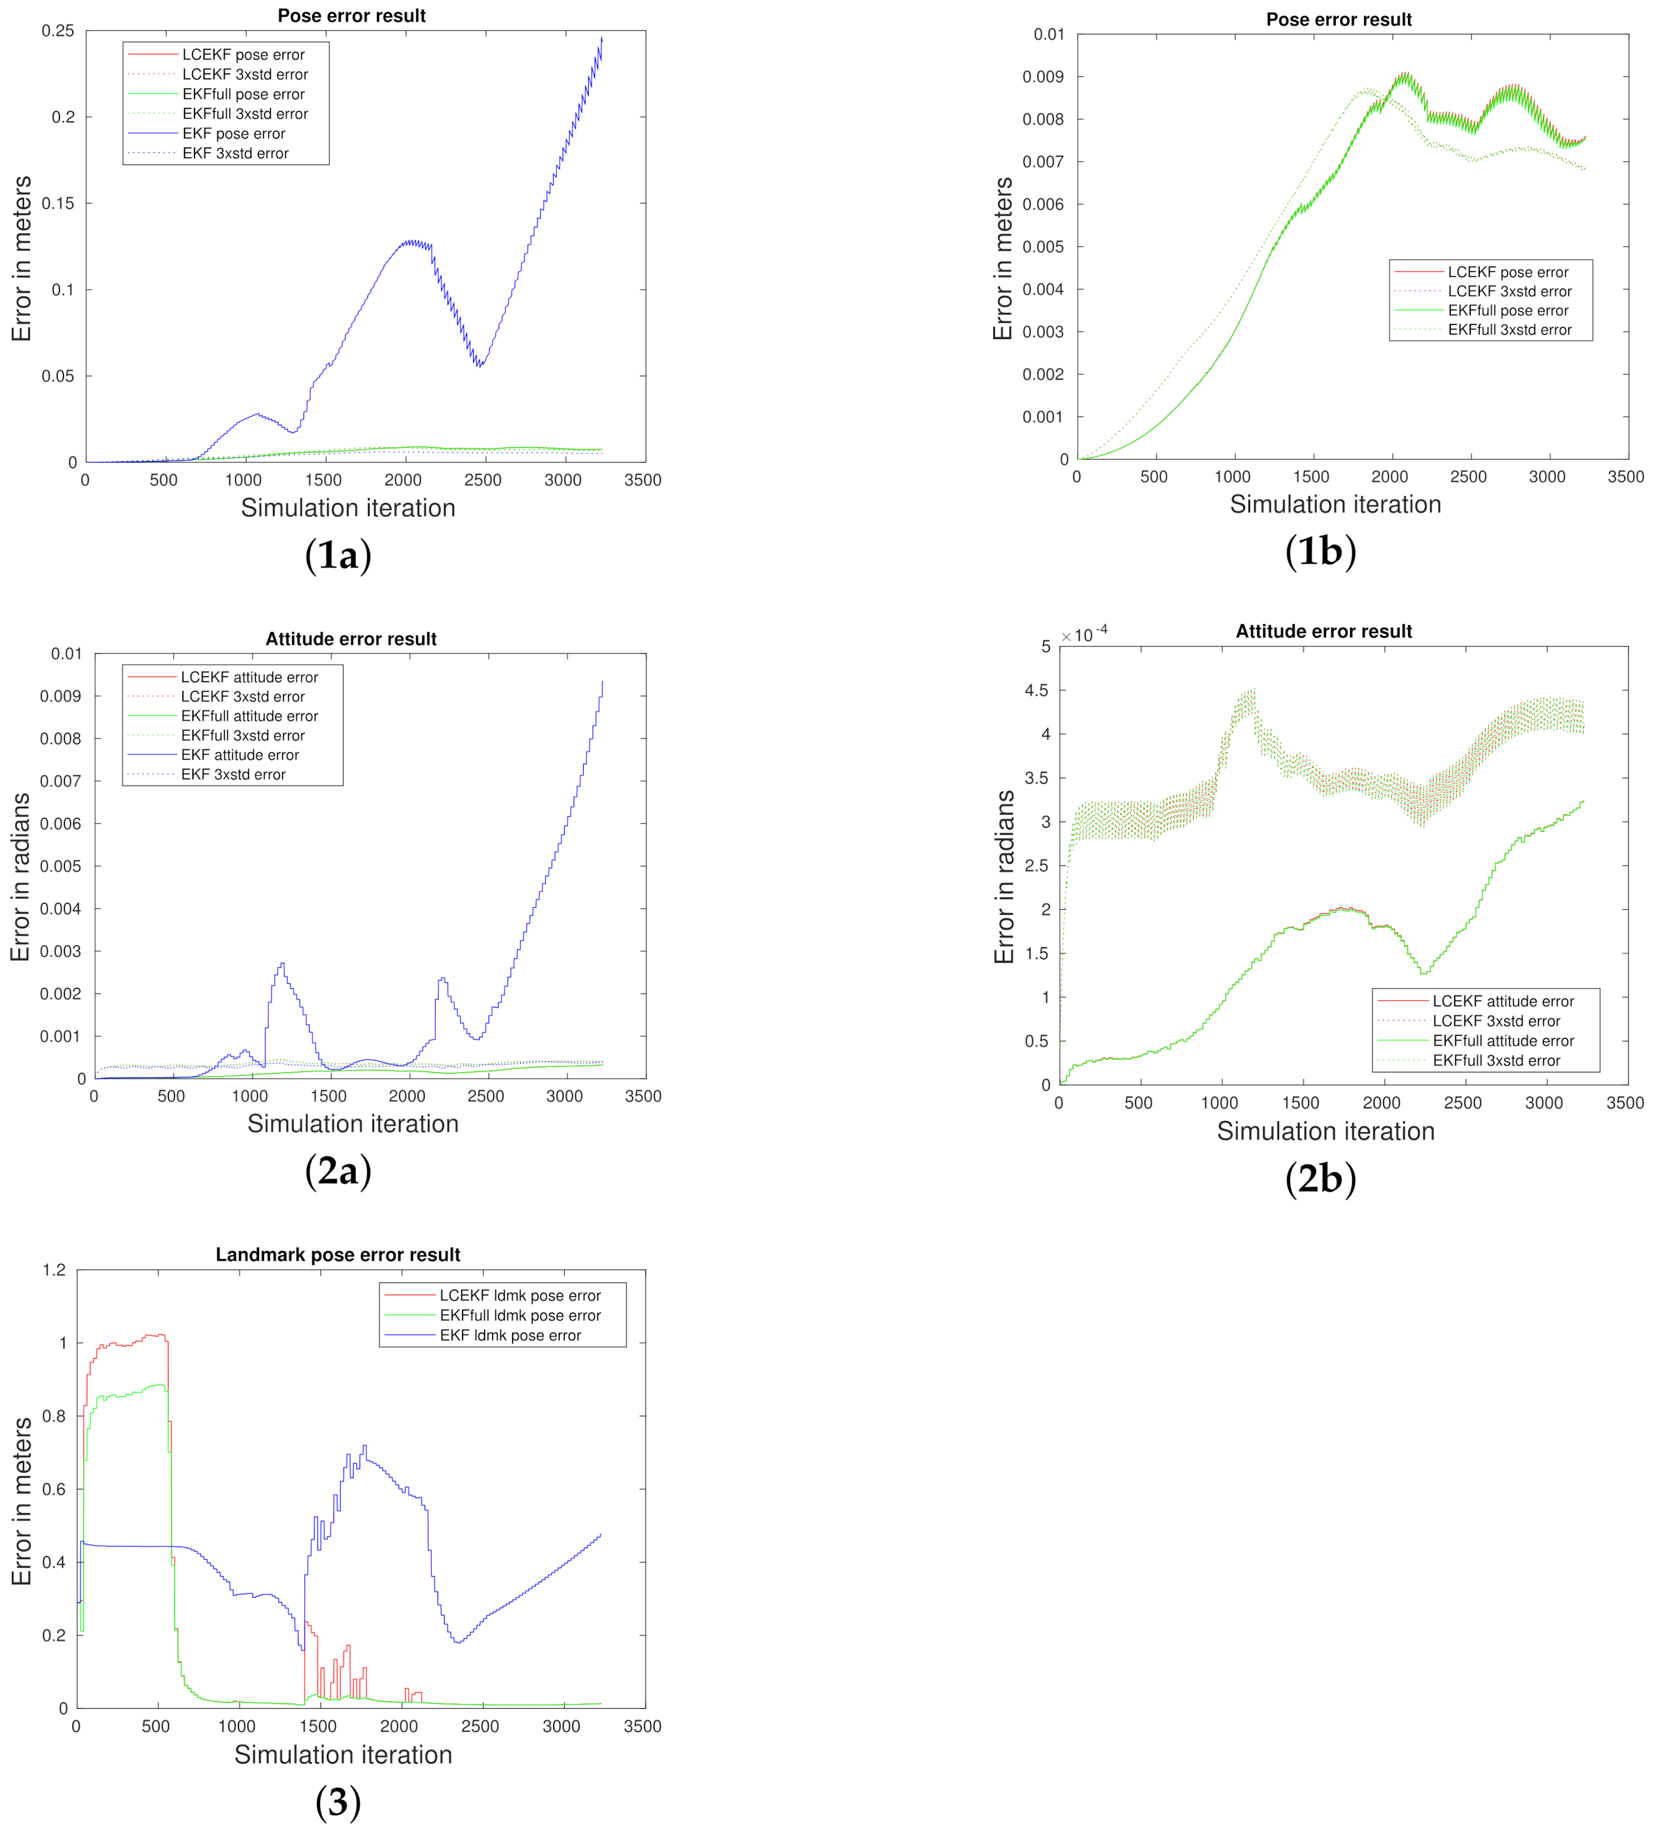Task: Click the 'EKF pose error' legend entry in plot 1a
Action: point(234,134)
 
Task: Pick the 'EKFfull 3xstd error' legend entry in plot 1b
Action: point(1509,330)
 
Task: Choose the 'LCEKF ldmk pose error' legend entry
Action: point(520,1295)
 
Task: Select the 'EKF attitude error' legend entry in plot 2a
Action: point(240,754)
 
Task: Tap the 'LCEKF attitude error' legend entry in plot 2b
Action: point(1502,1001)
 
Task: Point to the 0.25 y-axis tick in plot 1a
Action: point(57,31)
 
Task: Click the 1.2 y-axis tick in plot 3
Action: point(54,1270)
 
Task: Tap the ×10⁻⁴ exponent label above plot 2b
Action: point(1084,634)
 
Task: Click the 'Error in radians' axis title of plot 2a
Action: point(20,877)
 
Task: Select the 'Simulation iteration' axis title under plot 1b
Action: point(1335,504)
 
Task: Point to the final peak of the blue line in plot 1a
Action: point(601,38)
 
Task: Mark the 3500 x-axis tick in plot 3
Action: point(643,1726)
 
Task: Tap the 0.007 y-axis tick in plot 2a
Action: point(60,781)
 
